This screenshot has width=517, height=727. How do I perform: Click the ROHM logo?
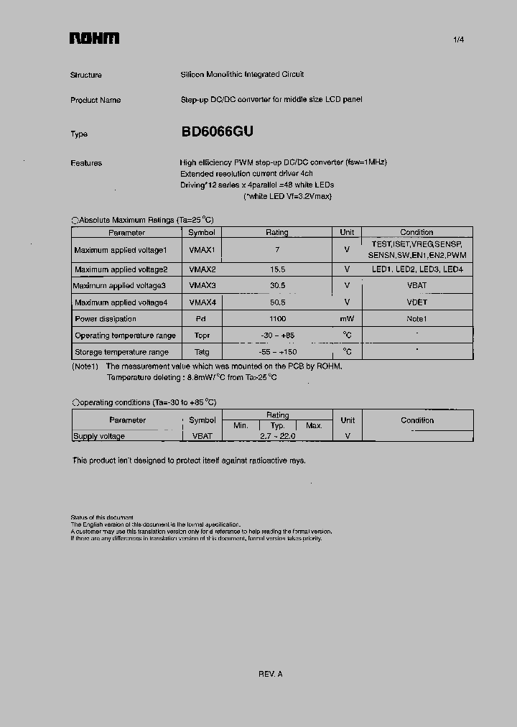click(x=94, y=39)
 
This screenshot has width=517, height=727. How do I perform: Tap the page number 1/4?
click(x=459, y=40)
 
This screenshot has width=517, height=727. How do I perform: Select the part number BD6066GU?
click(x=217, y=132)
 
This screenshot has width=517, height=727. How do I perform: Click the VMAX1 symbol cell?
click(x=202, y=250)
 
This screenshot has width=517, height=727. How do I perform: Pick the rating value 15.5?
click(x=277, y=269)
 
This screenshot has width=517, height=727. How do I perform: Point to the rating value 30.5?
click(x=277, y=286)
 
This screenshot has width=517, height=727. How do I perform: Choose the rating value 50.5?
click(x=277, y=302)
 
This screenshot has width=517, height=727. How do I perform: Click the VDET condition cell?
click(x=416, y=302)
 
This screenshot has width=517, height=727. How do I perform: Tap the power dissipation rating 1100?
click(x=277, y=319)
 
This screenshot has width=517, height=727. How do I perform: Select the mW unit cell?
click(x=347, y=319)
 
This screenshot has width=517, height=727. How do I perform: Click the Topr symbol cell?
click(x=202, y=335)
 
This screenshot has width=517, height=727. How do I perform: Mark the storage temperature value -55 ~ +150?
click(x=277, y=352)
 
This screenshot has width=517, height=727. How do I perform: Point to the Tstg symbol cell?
click(x=202, y=352)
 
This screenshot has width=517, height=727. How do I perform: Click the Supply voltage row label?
click(x=99, y=436)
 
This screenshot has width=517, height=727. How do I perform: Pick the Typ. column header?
click(x=277, y=425)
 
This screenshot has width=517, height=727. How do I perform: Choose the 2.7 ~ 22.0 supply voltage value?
click(x=277, y=436)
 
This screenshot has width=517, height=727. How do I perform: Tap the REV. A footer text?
click(x=271, y=674)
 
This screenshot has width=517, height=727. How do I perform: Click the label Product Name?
click(x=96, y=100)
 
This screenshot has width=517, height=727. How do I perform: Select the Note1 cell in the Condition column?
click(x=416, y=319)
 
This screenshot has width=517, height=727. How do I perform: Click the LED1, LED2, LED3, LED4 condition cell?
click(x=416, y=269)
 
